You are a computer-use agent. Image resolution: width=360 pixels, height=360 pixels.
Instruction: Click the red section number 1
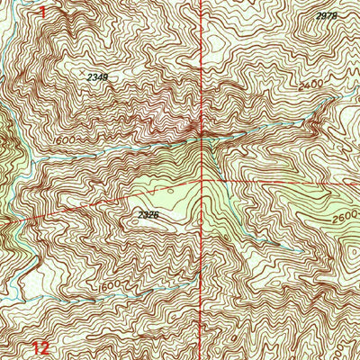tap(41, 12)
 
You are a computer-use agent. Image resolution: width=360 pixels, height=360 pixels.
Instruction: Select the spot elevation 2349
tap(98, 77)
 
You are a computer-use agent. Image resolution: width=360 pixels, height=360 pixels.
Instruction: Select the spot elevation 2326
tap(149, 214)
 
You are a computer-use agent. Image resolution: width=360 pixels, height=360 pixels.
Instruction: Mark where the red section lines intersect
tap(200, 180)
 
